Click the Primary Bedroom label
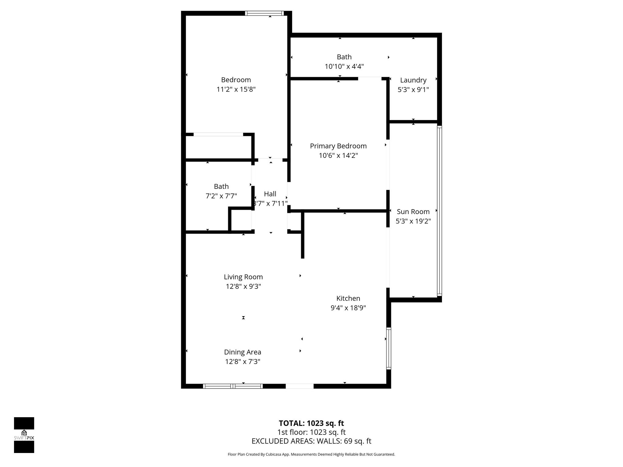[x=338, y=146]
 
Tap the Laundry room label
[x=413, y=80]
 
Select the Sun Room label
[x=413, y=212]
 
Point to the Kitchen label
[x=348, y=298]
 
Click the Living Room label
[x=243, y=277]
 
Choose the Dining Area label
[x=243, y=352]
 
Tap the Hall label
[x=270, y=194]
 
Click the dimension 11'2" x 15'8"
[x=236, y=89]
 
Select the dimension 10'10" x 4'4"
[x=344, y=66]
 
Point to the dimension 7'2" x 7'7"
[x=221, y=196]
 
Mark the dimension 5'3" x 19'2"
[x=413, y=221]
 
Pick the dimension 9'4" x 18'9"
[x=348, y=308]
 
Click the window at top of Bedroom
[x=264, y=13]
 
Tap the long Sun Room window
[x=439, y=211]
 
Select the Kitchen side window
[x=389, y=348]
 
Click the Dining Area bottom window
[x=233, y=386]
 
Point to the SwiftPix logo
[x=24, y=435]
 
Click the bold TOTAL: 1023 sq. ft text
[x=311, y=423]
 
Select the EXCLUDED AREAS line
[x=311, y=441]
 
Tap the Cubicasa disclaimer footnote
[x=311, y=455]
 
